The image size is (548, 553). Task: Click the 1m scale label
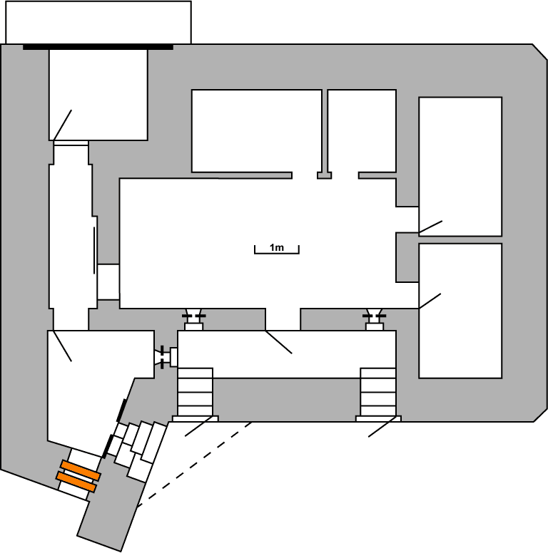coord(277,247)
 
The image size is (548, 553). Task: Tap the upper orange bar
coord(80,470)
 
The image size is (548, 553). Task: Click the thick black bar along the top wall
coord(98,48)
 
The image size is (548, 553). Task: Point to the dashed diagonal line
coord(195,464)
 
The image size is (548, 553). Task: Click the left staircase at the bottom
coord(195,391)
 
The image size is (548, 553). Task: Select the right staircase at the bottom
coord(377,391)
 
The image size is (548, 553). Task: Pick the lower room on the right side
coord(460,311)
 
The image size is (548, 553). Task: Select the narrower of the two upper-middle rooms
coord(362,130)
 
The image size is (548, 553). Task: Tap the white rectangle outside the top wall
coord(98,22)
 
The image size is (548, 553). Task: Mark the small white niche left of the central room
coord(108,281)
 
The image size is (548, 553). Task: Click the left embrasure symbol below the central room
coord(193,316)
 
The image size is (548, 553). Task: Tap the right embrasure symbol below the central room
coord(375,316)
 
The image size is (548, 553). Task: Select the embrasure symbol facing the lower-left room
coord(165,356)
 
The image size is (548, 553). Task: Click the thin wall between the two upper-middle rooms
coord(325,132)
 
